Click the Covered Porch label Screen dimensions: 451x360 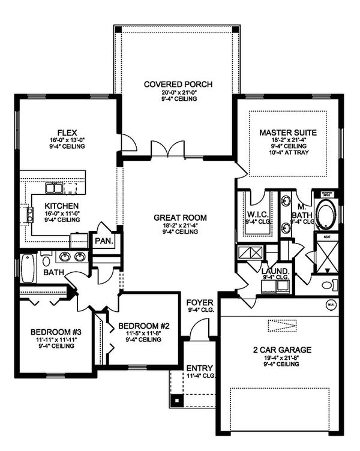tap(178, 84)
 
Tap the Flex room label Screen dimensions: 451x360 tap(67, 132)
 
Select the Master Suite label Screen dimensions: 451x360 tap(288, 132)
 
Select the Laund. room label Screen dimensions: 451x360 tap(275, 270)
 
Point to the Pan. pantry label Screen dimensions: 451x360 tap(100, 241)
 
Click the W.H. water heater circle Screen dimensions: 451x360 tap(330, 305)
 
